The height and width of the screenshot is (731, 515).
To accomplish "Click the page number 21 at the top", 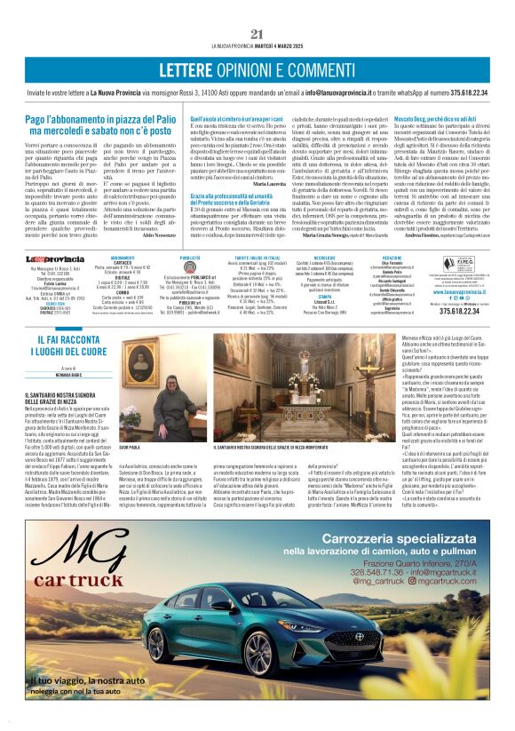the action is [x=257, y=34].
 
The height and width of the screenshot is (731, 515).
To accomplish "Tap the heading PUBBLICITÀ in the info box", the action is [x=190, y=258].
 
